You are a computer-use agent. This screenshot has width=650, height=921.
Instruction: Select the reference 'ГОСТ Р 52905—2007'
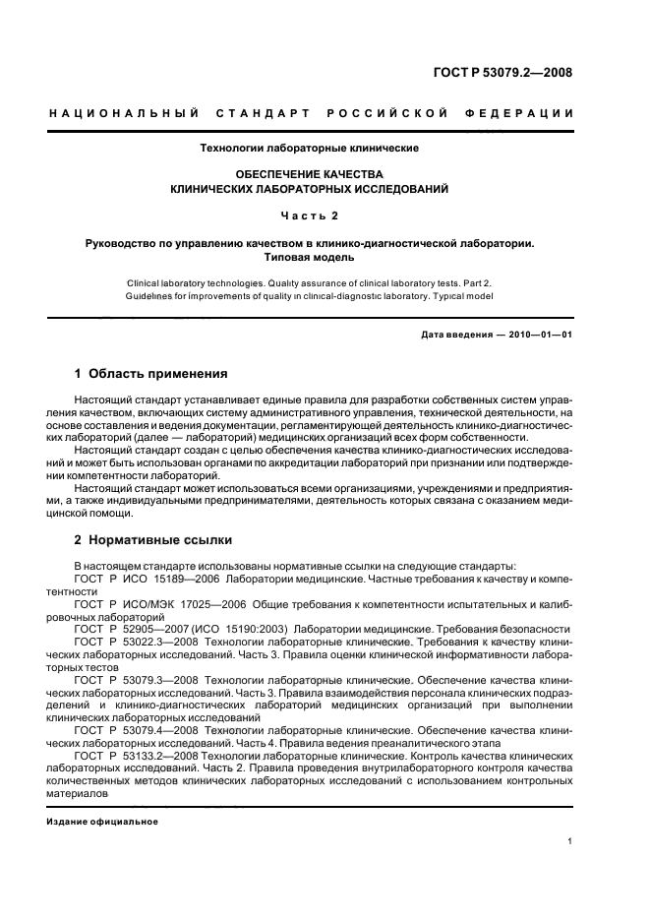(132, 628)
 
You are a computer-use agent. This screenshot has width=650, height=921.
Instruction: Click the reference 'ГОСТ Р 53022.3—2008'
(137, 641)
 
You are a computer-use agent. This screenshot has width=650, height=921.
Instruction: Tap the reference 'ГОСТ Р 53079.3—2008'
(137, 679)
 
